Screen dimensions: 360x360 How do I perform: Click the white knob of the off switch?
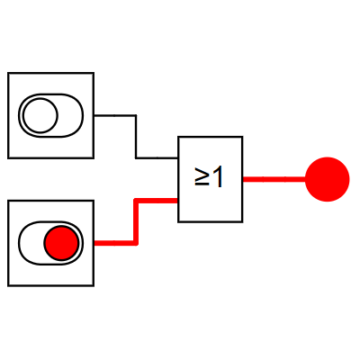[40, 115]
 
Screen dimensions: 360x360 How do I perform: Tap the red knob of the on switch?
[61, 243]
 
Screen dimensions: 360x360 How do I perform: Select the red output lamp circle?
[328, 179]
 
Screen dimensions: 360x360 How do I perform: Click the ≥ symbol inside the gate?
[202, 177]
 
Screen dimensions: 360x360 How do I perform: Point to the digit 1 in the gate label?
[217, 177]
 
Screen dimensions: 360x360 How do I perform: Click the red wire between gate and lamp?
[274, 179]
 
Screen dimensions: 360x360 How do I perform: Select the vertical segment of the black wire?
[136, 137]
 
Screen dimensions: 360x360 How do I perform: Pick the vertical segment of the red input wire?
[136, 222]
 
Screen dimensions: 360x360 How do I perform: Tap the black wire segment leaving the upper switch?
[115, 115]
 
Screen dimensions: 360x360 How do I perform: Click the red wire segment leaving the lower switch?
[115, 243]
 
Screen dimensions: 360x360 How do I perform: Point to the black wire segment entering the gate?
[157, 157]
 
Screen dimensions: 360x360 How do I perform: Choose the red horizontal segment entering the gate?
[156, 201]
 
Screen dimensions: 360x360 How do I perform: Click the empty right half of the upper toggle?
[71, 115]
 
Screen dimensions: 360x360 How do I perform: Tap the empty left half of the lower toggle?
[31, 243]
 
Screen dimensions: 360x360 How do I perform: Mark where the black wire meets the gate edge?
[178, 157]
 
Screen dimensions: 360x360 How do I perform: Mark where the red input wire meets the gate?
[178, 201]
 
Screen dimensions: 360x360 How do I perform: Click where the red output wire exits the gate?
[243, 179]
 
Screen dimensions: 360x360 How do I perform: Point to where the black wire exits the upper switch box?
[94, 115]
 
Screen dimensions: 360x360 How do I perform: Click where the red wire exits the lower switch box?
[94, 243]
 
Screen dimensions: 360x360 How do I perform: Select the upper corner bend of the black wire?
[136, 115]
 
